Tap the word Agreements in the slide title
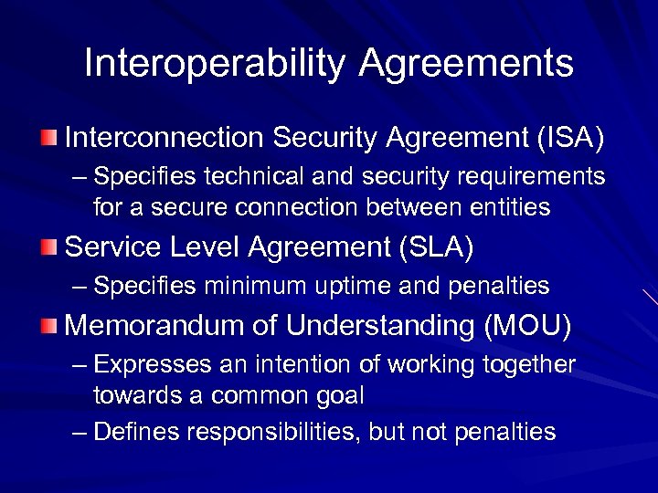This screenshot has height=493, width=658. pos(466,65)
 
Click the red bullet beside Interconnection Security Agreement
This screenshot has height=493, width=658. pos(49,139)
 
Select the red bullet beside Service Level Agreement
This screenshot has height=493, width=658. pos(49,246)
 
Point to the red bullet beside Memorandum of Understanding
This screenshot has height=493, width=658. pos(49,325)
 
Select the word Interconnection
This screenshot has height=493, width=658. pos(164,139)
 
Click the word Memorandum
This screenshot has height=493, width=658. pos(164,325)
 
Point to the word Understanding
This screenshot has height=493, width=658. pos(368,325)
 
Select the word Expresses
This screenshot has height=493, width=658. pos(153,365)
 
